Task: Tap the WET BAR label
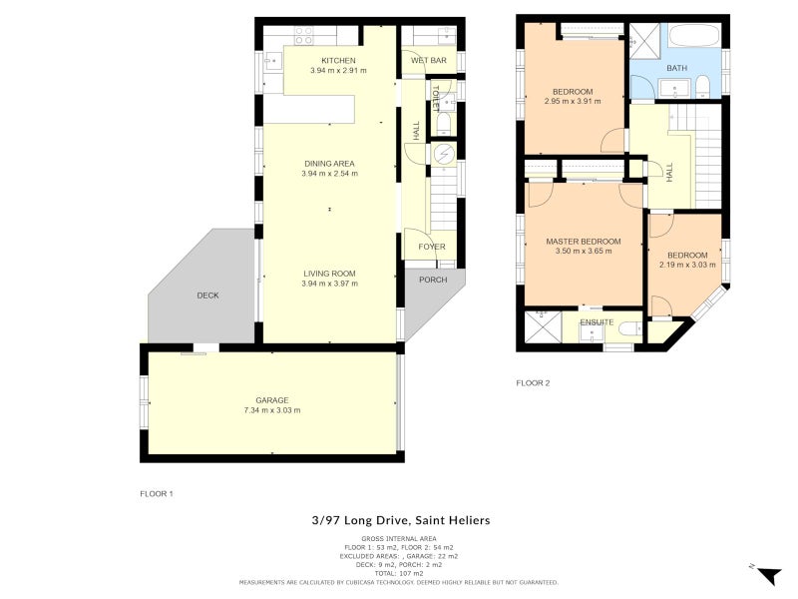point(428,61)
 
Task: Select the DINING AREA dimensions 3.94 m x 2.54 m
point(329,174)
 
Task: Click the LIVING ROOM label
point(329,273)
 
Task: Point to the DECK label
point(207,296)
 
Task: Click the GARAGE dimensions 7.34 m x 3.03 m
point(271,410)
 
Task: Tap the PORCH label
point(433,280)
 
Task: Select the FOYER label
point(431,247)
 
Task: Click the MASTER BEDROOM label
point(583,241)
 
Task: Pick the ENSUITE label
point(596,322)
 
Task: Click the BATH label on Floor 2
point(677,68)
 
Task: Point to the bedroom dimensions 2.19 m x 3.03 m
point(687,266)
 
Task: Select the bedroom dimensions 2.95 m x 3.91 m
point(574,101)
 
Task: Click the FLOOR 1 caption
point(157,493)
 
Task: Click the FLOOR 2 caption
point(533,382)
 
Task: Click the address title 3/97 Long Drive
point(400,520)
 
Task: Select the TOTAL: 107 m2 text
point(399,573)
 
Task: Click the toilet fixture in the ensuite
point(629,328)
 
